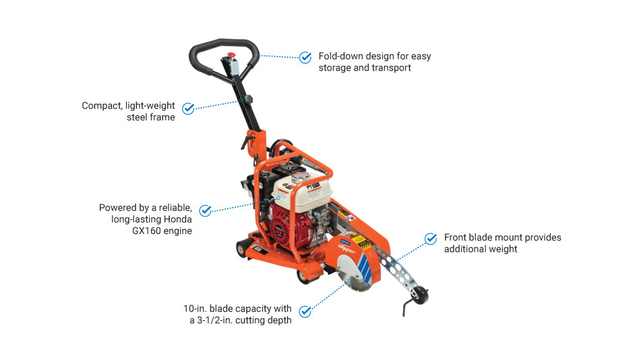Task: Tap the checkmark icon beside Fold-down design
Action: click(305, 57)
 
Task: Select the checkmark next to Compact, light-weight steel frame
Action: click(188, 109)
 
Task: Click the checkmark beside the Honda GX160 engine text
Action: click(205, 210)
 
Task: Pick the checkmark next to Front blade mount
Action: click(431, 239)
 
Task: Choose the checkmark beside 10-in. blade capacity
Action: click(305, 312)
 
